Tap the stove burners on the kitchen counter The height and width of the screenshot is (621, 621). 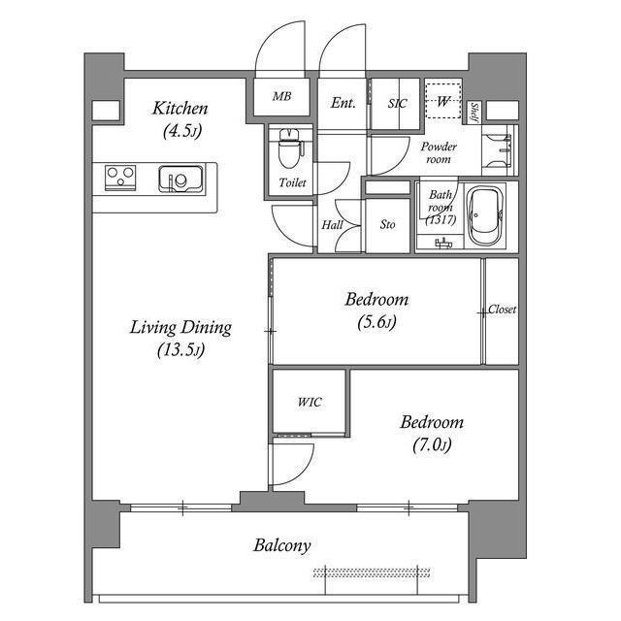pos(121,178)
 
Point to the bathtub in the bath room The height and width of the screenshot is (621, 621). pos(484,215)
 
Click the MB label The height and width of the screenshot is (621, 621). pos(281,97)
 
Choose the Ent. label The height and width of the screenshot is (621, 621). pos(343,103)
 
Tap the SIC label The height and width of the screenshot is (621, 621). pos(396,103)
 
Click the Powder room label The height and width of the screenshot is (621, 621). pos(439,152)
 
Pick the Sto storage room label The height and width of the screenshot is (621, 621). pos(387,225)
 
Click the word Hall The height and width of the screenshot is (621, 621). pos(332,225)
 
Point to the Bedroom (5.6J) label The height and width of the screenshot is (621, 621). pos(376,310)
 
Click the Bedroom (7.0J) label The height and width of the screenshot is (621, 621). pos(432,433)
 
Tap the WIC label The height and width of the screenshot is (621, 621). pos(310,402)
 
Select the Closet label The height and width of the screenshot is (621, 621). pos(502,310)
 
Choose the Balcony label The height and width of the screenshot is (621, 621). pos(282,545)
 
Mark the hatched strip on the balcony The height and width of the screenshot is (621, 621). pos(371,572)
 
